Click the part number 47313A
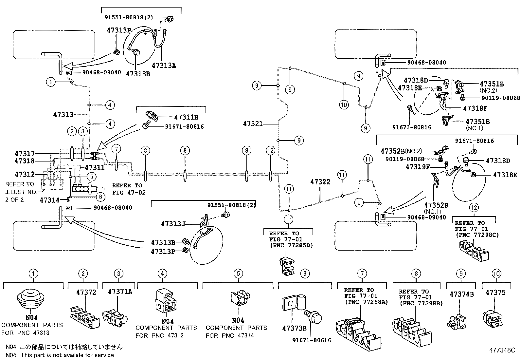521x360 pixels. coord(164,66)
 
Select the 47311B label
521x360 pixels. coord(186,117)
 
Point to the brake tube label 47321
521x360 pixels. coord(253,123)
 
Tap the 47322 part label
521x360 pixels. coord(320,181)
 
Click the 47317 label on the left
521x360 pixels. coord(25,154)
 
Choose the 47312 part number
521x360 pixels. coord(25,174)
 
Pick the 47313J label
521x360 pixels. coord(173,224)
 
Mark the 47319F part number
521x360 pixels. coord(418,167)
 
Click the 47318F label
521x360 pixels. coord(475,108)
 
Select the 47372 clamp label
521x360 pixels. coord(86,292)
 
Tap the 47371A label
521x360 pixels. coord(120,292)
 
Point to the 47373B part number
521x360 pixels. coord(294,328)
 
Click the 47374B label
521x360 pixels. coord(461,294)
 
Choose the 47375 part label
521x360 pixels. coord(495,293)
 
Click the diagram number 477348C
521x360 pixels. coord(502,350)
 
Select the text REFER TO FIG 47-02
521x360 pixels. coord(129,189)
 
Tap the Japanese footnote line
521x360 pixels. coord(64,347)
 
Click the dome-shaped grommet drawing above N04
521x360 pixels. coord(31,299)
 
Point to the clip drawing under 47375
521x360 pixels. coord(493,319)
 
